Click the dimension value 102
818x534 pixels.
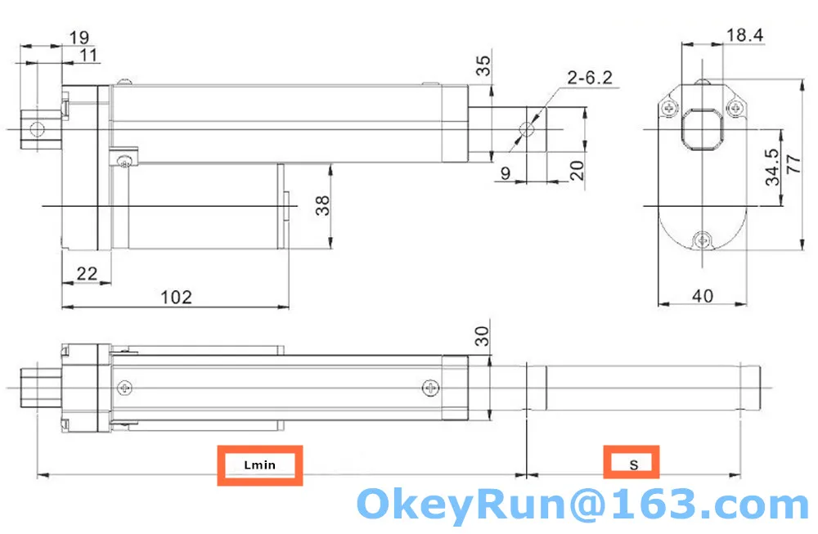click(x=176, y=297)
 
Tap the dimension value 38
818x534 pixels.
click(x=325, y=204)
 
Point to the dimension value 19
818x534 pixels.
click(x=79, y=37)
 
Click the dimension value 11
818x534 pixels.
click(x=88, y=55)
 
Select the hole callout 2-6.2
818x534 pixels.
click(x=589, y=79)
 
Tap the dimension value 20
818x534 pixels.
click(x=576, y=170)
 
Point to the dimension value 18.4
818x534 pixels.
click(x=744, y=34)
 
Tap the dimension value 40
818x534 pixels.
click(x=703, y=295)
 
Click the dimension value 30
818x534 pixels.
click(x=483, y=335)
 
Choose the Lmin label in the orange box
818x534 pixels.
click(x=260, y=465)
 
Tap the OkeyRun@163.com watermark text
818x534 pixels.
click(x=583, y=505)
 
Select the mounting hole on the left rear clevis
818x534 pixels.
click(x=35, y=128)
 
